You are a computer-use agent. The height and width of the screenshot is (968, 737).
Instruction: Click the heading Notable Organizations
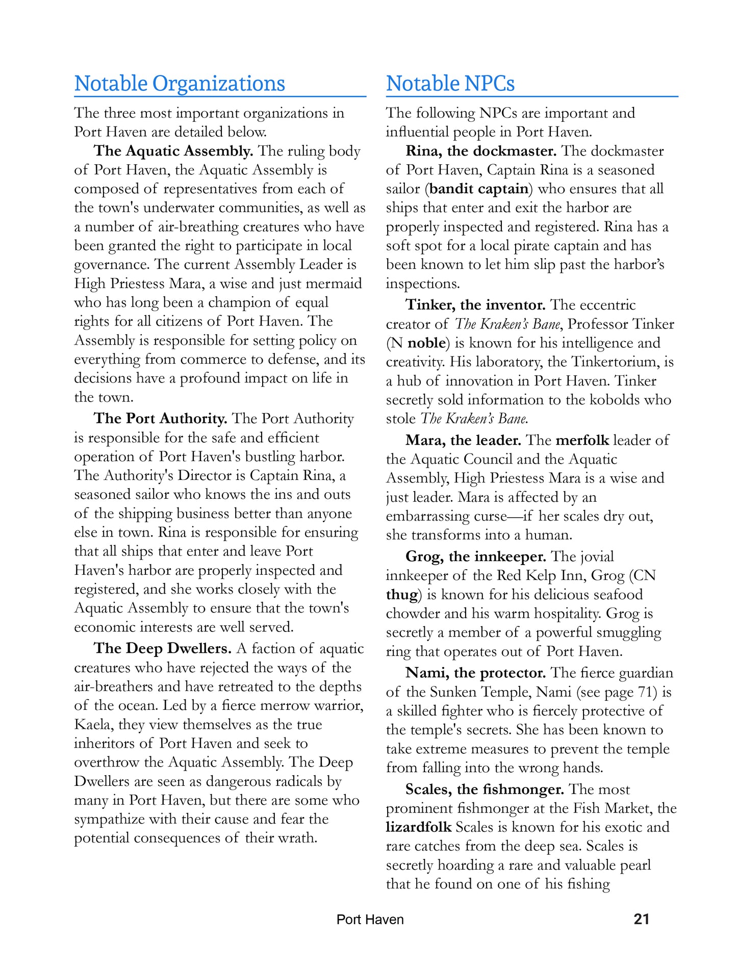click(180, 84)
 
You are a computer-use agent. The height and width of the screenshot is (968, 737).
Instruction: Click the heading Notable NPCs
click(450, 84)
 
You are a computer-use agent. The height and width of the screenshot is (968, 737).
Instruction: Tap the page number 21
click(641, 919)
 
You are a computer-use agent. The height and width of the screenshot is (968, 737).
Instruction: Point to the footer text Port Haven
click(370, 920)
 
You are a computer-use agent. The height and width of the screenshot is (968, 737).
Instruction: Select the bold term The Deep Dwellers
click(163, 648)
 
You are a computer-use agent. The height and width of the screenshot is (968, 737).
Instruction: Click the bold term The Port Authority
click(160, 419)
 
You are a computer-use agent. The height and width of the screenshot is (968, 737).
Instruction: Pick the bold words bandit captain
click(479, 189)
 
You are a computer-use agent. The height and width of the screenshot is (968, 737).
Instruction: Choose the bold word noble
click(426, 343)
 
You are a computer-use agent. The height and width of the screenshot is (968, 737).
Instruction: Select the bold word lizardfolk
click(418, 827)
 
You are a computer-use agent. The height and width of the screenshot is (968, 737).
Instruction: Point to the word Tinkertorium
click(616, 362)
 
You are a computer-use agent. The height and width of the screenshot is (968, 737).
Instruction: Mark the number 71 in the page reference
click(643, 692)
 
